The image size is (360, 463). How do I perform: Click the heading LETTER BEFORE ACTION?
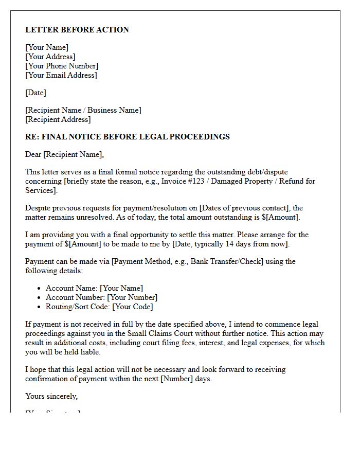[x=77, y=30]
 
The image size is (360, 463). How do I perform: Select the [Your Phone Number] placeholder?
[x=62, y=66]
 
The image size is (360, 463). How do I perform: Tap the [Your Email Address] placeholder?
[x=61, y=75]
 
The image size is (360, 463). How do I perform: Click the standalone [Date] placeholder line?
[x=35, y=93]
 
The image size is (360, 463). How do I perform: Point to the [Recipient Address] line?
[x=58, y=119]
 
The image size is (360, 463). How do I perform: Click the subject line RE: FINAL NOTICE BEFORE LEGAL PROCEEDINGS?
[x=128, y=137]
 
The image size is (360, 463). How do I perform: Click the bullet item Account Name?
[x=94, y=288]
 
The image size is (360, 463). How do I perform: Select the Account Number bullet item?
[x=101, y=297]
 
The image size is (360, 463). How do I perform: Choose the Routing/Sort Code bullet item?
[x=99, y=307]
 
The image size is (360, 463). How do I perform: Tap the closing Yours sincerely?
[x=51, y=396]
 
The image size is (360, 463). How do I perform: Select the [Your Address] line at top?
[x=50, y=57]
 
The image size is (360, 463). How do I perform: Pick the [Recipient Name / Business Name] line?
[x=83, y=110]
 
